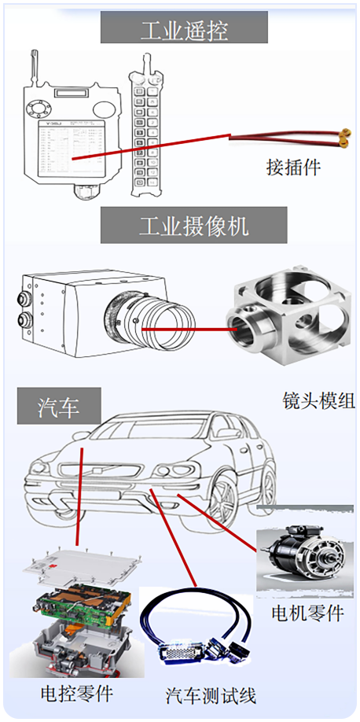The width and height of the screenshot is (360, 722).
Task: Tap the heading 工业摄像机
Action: (x=194, y=226)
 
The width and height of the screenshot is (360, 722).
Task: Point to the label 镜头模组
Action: (x=318, y=400)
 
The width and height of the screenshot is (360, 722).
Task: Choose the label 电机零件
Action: (x=308, y=613)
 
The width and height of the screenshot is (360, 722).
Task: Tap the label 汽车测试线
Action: (x=211, y=695)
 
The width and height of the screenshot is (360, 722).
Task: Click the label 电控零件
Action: (x=77, y=694)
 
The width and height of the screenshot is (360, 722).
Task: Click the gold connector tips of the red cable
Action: (x=343, y=138)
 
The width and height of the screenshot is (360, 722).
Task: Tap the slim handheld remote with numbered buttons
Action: (x=147, y=127)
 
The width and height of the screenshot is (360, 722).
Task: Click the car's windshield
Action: (x=152, y=429)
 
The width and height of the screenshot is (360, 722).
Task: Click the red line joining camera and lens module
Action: (x=189, y=330)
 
